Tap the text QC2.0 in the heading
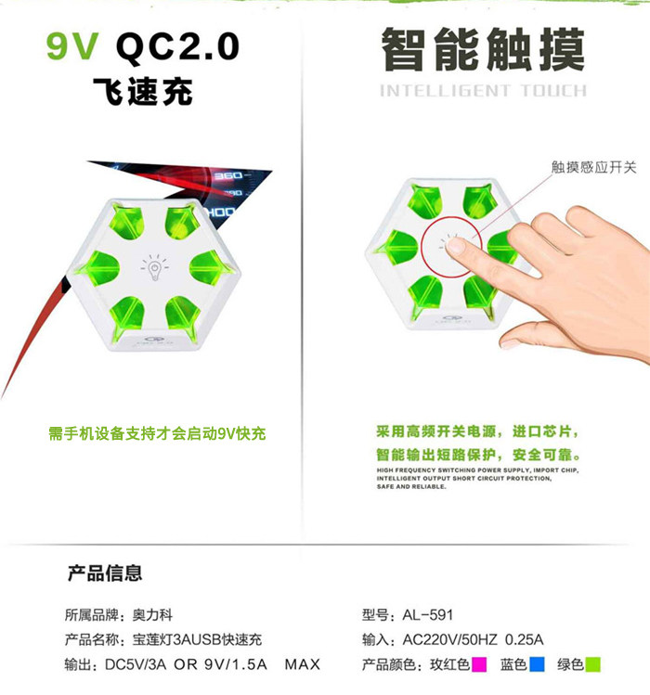click(x=177, y=45)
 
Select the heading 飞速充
click(x=143, y=93)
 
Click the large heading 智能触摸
click(x=483, y=49)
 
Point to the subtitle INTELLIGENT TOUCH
click(x=483, y=91)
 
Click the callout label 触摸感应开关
click(x=594, y=167)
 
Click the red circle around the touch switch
click(x=450, y=249)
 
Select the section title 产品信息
click(x=105, y=573)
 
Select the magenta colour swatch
click(x=479, y=664)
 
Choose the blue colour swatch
click(x=536, y=664)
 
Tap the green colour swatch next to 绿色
click(x=592, y=664)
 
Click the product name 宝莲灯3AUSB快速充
click(x=200, y=639)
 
